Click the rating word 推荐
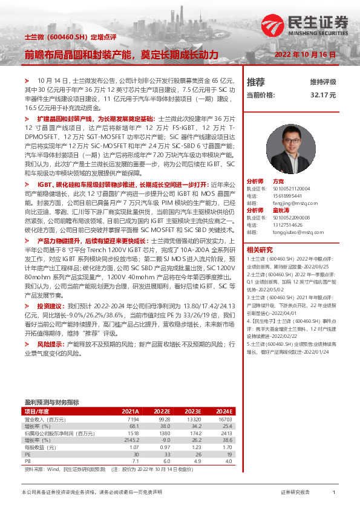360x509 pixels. [256, 82]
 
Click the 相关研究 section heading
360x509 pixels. [259, 250]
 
